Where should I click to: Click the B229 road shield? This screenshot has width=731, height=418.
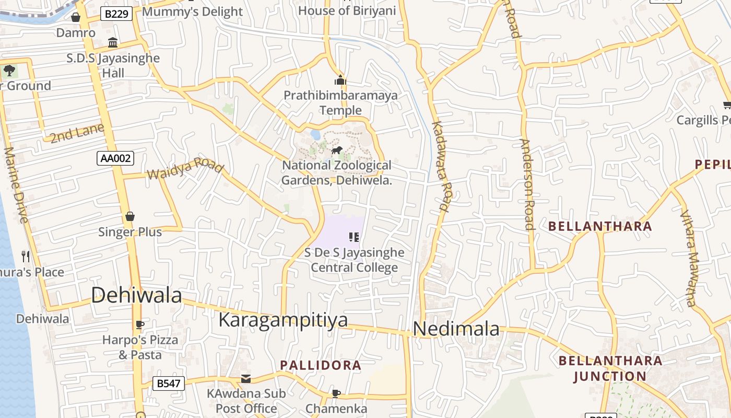pyautogui.click(x=116, y=14)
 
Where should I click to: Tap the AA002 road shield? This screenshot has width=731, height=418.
pyautogui.click(x=115, y=158)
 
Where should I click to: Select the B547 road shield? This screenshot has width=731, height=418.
pyautogui.click(x=169, y=384)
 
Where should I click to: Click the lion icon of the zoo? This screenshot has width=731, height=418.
pyautogui.click(x=337, y=151)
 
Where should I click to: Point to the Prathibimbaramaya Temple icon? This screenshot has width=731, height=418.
pyautogui.click(x=340, y=80)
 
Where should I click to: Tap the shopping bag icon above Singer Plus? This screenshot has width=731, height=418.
pyautogui.click(x=130, y=216)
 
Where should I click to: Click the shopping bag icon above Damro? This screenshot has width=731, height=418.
pyautogui.click(x=76, y=17)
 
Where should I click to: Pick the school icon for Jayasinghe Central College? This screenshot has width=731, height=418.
pyautogui.click(x=354, y=237)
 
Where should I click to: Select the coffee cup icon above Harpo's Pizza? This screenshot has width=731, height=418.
pyautogui.click(x=139, y=324)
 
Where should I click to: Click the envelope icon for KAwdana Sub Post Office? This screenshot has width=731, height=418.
pyautogui.click(x=246, y=378)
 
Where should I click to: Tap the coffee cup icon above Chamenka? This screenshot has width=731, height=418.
pyautogui.click(x=336, y=393)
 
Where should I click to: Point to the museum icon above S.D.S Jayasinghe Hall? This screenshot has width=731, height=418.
pyautogui.click(x=113, y=42)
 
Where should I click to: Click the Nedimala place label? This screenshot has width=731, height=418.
pyautogui.click(x=456, y=329)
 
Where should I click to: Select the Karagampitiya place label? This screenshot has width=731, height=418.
pyautogui.click(x=283, y=319)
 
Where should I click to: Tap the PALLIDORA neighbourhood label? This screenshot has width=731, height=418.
pyautogui.click(x=321, y=365)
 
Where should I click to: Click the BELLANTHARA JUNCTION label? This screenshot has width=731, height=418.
pyautogui.click(x=610, y=368)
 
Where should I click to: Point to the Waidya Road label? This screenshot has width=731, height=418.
pyautogui.click(x=185, y=168)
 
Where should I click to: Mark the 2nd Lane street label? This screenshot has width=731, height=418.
pyautogui.click(x=77, y=133)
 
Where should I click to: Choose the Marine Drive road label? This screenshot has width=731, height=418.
pyautogui.click(x=16, y=185)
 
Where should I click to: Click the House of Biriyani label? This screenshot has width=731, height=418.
pyautogui.click(x=347, y=10)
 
